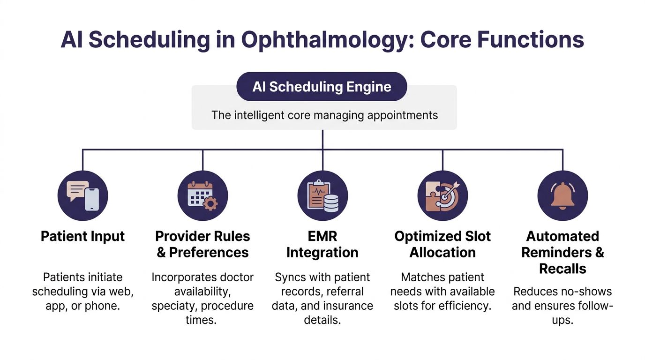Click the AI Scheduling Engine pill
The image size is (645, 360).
point(322,87)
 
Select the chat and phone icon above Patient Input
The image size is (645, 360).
point(83,196)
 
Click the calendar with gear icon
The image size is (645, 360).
point(202,196)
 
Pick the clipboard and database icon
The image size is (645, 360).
point(322,196)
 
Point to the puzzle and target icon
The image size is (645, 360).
point(442,196)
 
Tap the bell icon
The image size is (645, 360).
point(562,196)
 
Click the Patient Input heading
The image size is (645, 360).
point(83,236)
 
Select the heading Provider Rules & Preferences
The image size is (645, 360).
point(202,244)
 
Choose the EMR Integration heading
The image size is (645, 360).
point(322,244)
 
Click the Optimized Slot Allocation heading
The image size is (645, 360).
point(442,244)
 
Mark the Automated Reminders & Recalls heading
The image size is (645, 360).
point(562,252)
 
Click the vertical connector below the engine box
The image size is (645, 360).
point(322,140)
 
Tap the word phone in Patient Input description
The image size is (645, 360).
point(111,306)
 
